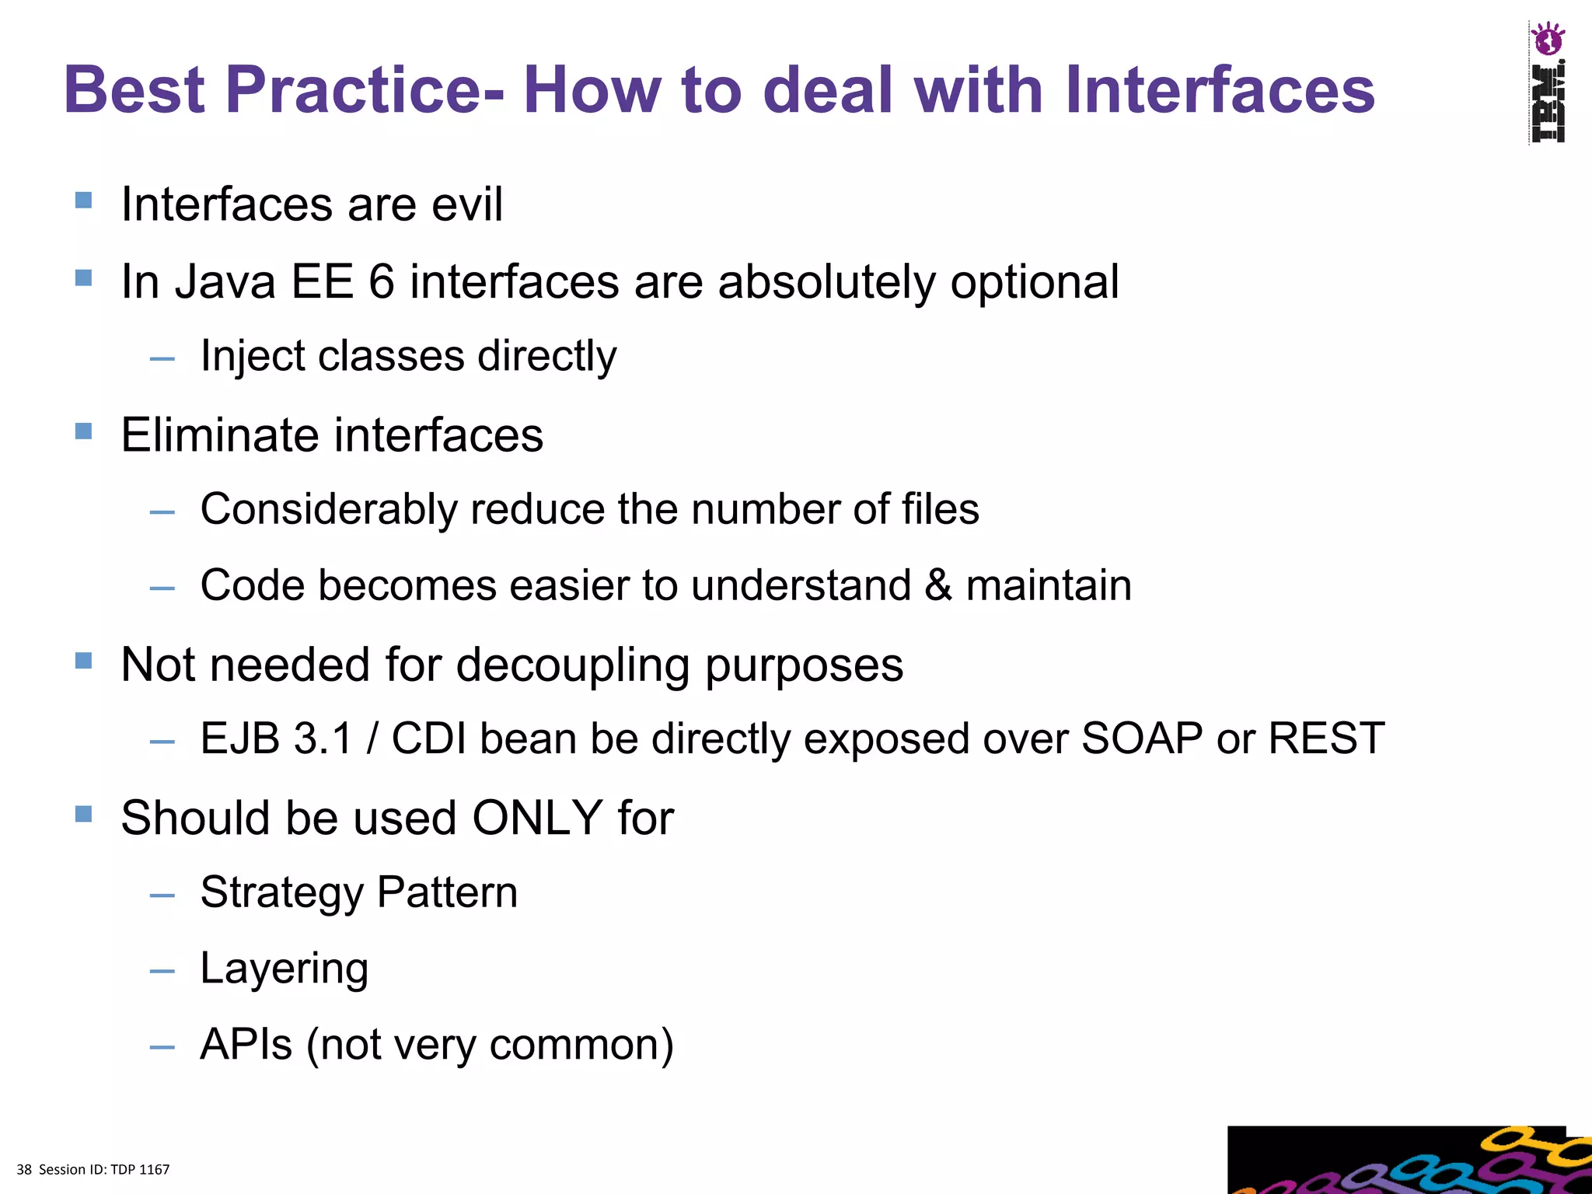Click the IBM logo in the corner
pyautogui.click(x=1547, y=105)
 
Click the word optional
pyautogui.click(x=1034, y=281)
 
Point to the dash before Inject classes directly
pyautogui.click(x=162, y=359)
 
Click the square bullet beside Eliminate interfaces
pyautogui.click(x=84, y=431)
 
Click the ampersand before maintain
pyautogui.click(x=938, y=585)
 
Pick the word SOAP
pyautogui.click(x=1141, y=738)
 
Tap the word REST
pyautogui.click(x=1326, y=738)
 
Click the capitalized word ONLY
pyautogui.click(x=537, y=818)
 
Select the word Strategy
pyautogui.click(x=281, y=892)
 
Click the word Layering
pyautogui.click(x=284, y=969)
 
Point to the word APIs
pyautogui.click(x=246, y=1044)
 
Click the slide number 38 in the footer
pyautogui.click(x=24, y=1170)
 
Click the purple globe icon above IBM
pyautogui.click(x=1547, y=39)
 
